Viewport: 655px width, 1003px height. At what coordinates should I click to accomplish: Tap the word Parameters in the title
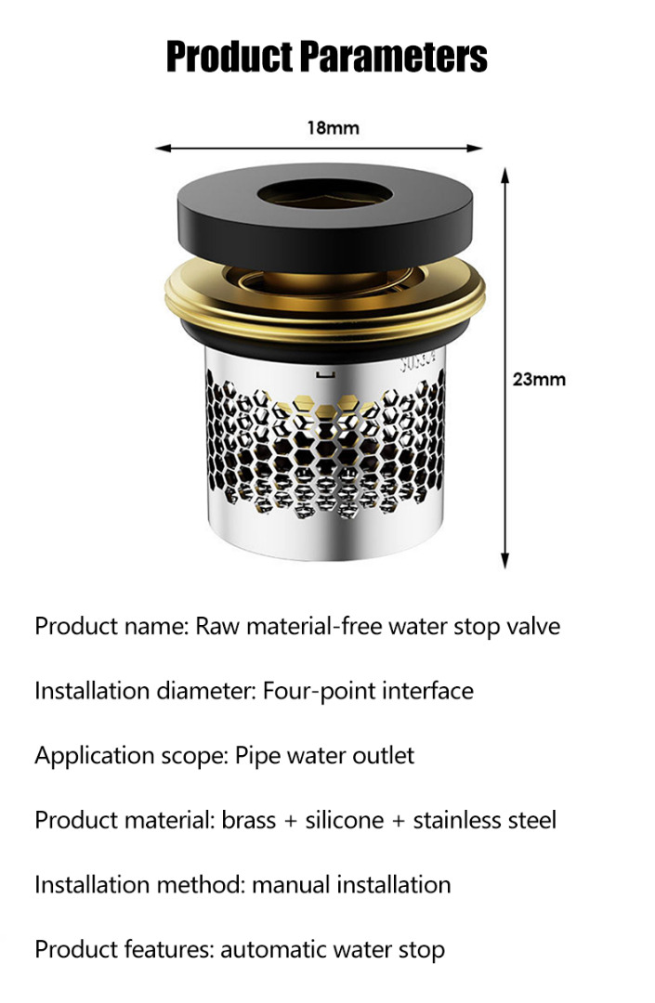click(x=394, y=57)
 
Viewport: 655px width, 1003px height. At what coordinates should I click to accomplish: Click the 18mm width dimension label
click(x=334, y=128)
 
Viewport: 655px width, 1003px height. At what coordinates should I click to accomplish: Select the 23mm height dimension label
click(x=539, y=379)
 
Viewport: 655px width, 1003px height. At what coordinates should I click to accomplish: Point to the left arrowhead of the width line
click(x=164, y=149)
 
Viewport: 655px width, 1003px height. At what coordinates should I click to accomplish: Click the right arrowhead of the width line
click(x=475, y=149)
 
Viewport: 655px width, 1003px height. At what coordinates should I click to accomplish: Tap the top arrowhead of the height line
click(x=504, y=176)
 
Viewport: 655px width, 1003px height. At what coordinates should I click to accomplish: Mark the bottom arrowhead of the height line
click(x=504, y=560)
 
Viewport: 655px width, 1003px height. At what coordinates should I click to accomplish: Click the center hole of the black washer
click(x=325, y=193)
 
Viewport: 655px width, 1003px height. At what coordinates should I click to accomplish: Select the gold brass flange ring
click(x=325, y=317)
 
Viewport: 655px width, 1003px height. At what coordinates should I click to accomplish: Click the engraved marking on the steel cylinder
click(x=417, y=362)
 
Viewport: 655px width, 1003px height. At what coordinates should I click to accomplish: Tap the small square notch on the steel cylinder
click(x=325, y=374)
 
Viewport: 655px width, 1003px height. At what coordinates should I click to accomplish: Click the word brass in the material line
click(x=249, y=820)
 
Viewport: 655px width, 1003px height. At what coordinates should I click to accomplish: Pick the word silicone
click(x=344, y=820)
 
